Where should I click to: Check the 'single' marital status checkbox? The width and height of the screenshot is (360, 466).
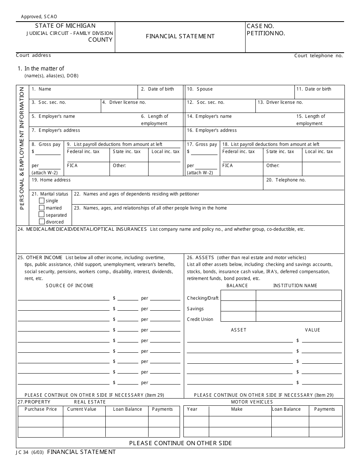point(42,201)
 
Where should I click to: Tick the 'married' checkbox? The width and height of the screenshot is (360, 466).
point(42,208)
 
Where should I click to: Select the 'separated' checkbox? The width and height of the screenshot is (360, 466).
point(42,215)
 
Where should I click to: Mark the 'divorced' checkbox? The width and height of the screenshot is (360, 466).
point(42,222)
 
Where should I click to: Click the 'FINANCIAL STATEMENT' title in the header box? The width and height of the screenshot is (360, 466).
point(180,36)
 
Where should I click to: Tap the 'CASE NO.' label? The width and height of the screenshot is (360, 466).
point(260,26)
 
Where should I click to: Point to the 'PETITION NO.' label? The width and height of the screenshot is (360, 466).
point(266,33)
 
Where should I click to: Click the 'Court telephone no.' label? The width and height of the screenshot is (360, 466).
point(318,56)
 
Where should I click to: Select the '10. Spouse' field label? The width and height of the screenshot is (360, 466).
point(200,89)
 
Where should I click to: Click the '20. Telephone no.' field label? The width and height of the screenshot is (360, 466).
point(286,180)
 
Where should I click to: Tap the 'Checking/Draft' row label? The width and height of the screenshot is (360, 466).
point(203,298)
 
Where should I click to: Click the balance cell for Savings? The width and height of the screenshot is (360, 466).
point(238,306)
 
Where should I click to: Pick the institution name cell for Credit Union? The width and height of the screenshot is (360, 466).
point(299,316)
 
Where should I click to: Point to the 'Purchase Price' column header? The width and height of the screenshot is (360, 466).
point(41,409)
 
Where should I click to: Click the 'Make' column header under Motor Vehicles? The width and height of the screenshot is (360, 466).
point(237,409)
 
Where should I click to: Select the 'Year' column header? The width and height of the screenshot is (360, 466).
point(192,409)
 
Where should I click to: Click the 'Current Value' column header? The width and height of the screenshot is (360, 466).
point(81,409)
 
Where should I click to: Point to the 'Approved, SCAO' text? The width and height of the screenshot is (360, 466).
point(39,17)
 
